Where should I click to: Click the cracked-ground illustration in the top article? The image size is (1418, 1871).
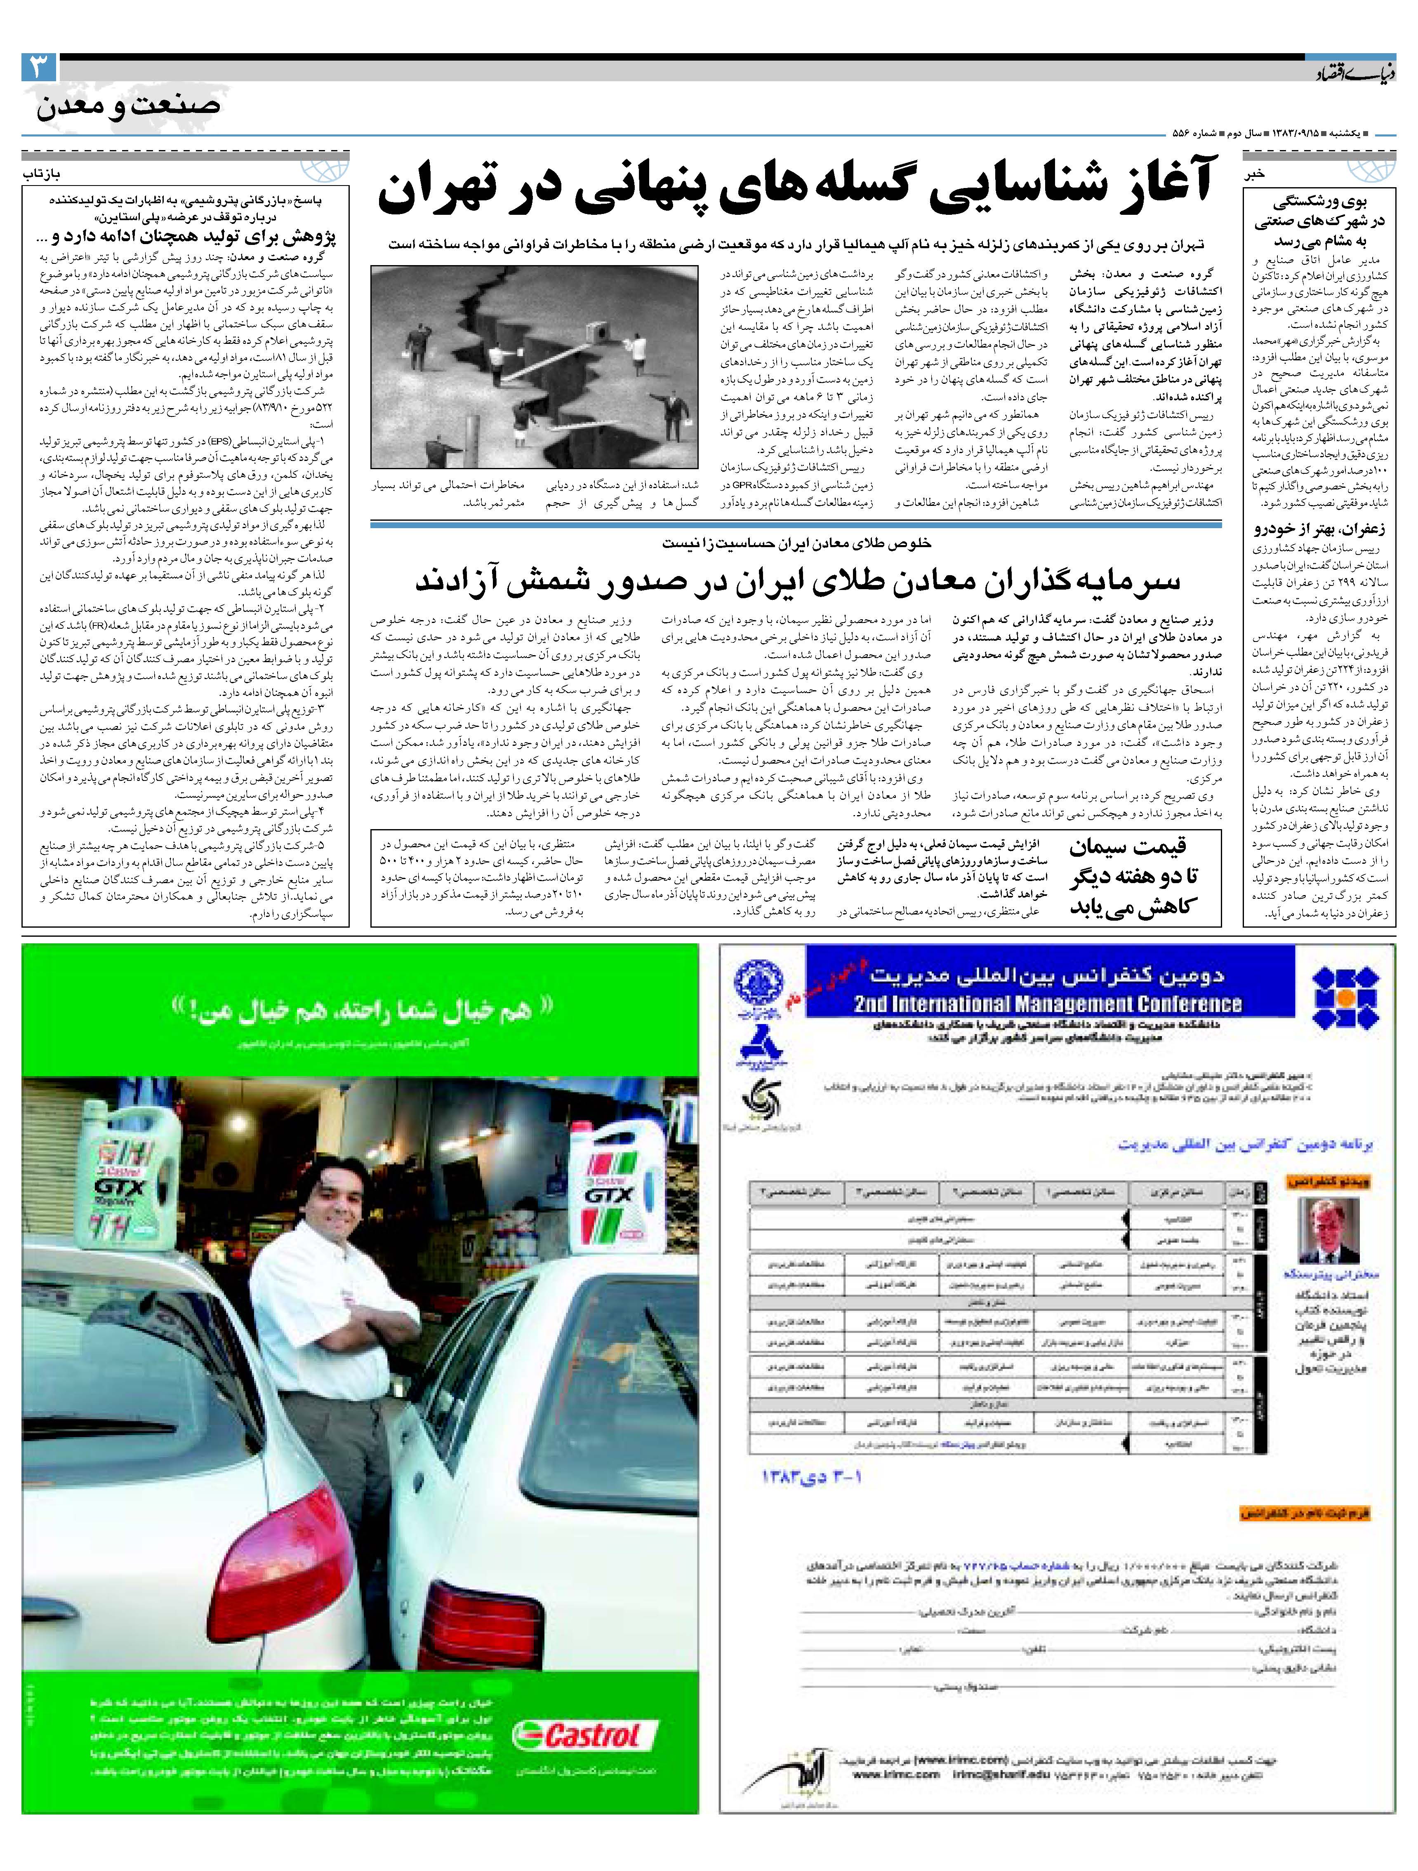pyautogui.click(x=534, y=365)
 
